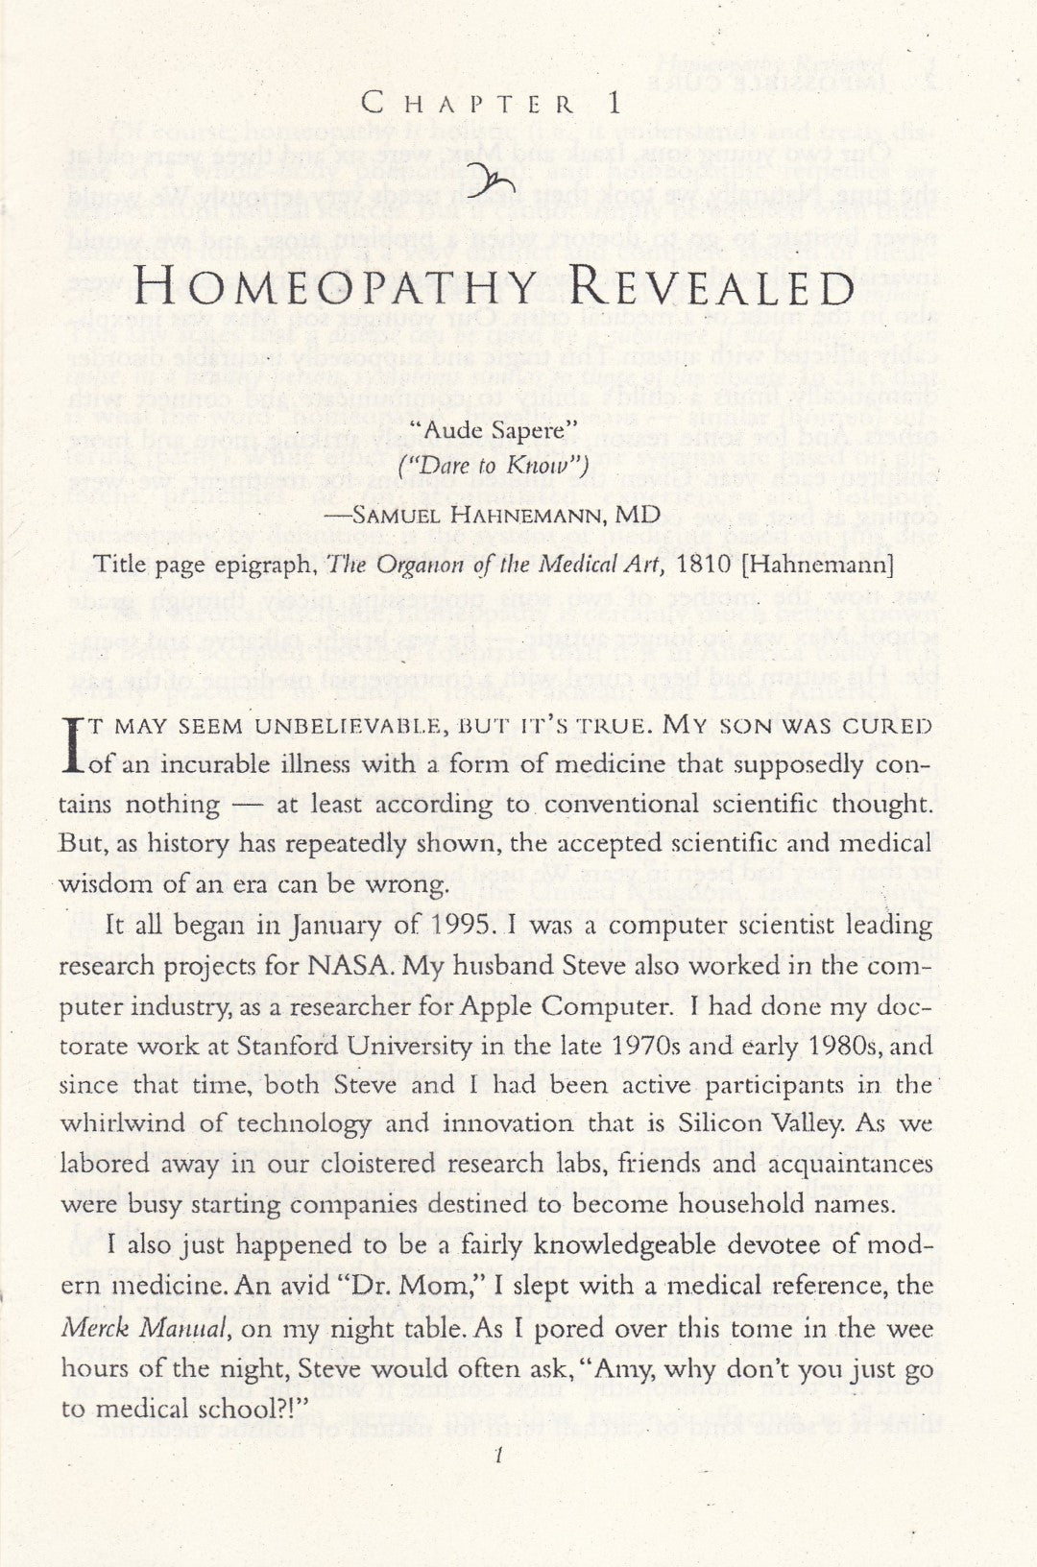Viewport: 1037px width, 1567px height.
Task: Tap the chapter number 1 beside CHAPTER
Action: [614, 102]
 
